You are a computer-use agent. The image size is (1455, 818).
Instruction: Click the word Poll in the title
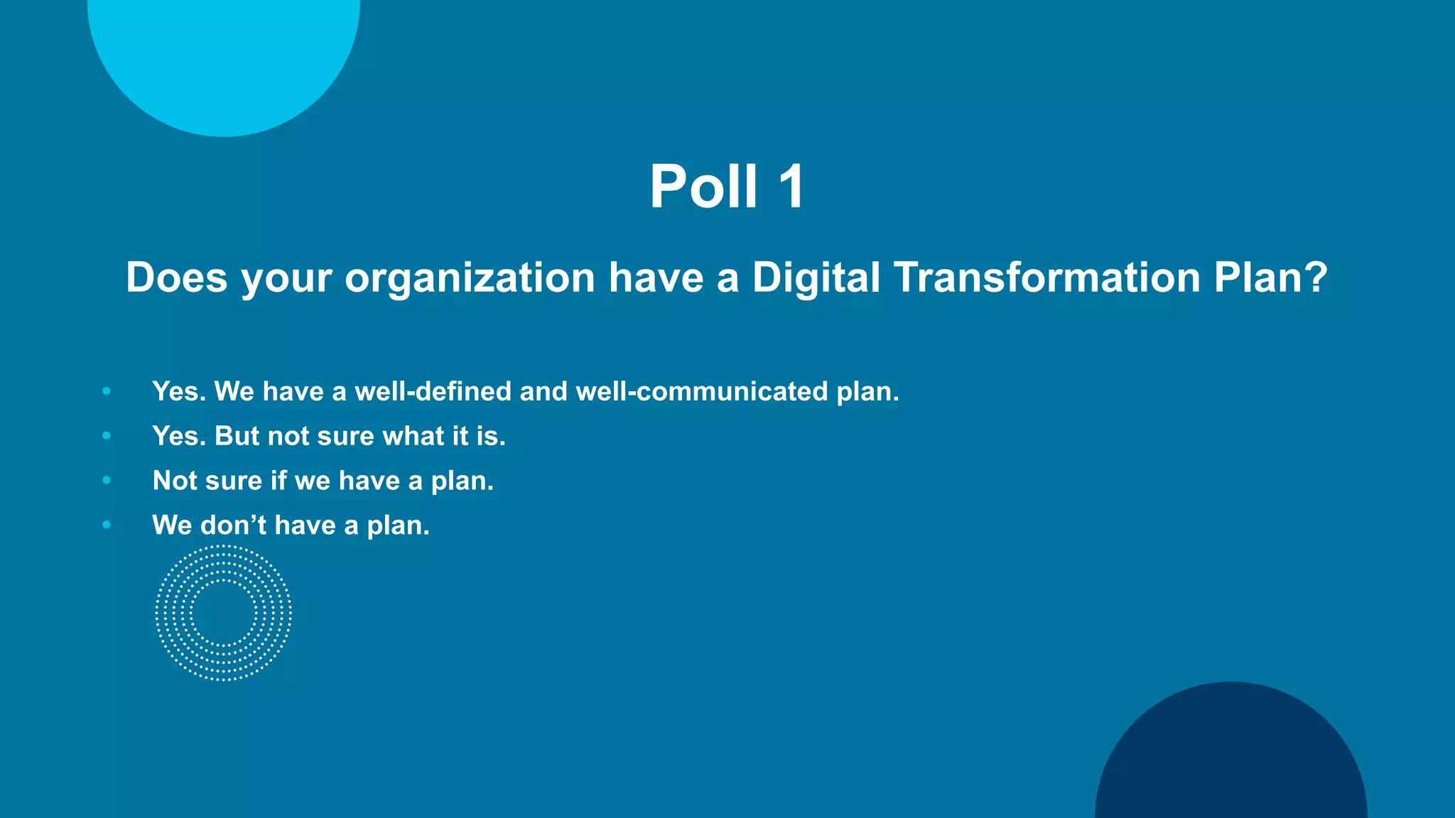703,187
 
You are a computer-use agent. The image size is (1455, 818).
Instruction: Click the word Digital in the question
816,277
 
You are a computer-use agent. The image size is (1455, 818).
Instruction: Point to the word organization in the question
470,278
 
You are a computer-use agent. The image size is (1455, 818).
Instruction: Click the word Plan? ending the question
1270,277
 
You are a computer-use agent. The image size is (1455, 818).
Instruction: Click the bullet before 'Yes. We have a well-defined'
107,391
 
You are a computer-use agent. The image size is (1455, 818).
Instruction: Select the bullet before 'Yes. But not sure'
107,436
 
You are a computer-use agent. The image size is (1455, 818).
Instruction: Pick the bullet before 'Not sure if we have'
107,481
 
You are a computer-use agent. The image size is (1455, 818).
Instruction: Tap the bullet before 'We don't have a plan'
107,525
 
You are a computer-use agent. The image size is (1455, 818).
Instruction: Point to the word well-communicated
701,392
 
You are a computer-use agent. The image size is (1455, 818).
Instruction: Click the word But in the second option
237,436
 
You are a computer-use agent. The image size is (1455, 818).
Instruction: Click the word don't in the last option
233,525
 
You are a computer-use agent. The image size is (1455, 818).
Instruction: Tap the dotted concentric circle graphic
224,613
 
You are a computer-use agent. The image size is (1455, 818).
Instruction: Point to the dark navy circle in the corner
1231,760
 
